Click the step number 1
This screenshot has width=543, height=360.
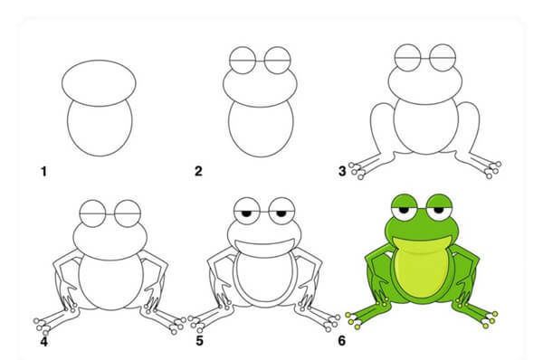point(43,171)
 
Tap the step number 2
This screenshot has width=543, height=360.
point(198,171)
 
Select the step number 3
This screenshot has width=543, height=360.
point(342,171)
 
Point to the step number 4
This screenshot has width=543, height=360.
point(44,341)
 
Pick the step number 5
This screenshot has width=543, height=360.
point(199,341)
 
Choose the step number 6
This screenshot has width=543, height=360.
point(342,341)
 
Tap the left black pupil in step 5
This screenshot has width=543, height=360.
point(246,213)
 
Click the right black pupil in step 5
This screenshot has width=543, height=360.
point(281,213)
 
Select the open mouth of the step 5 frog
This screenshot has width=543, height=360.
point(264,247)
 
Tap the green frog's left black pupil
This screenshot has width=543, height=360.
point(404,210)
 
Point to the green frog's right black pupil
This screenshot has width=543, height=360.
point(439,210)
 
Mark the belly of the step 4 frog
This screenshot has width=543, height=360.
point(110,281)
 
